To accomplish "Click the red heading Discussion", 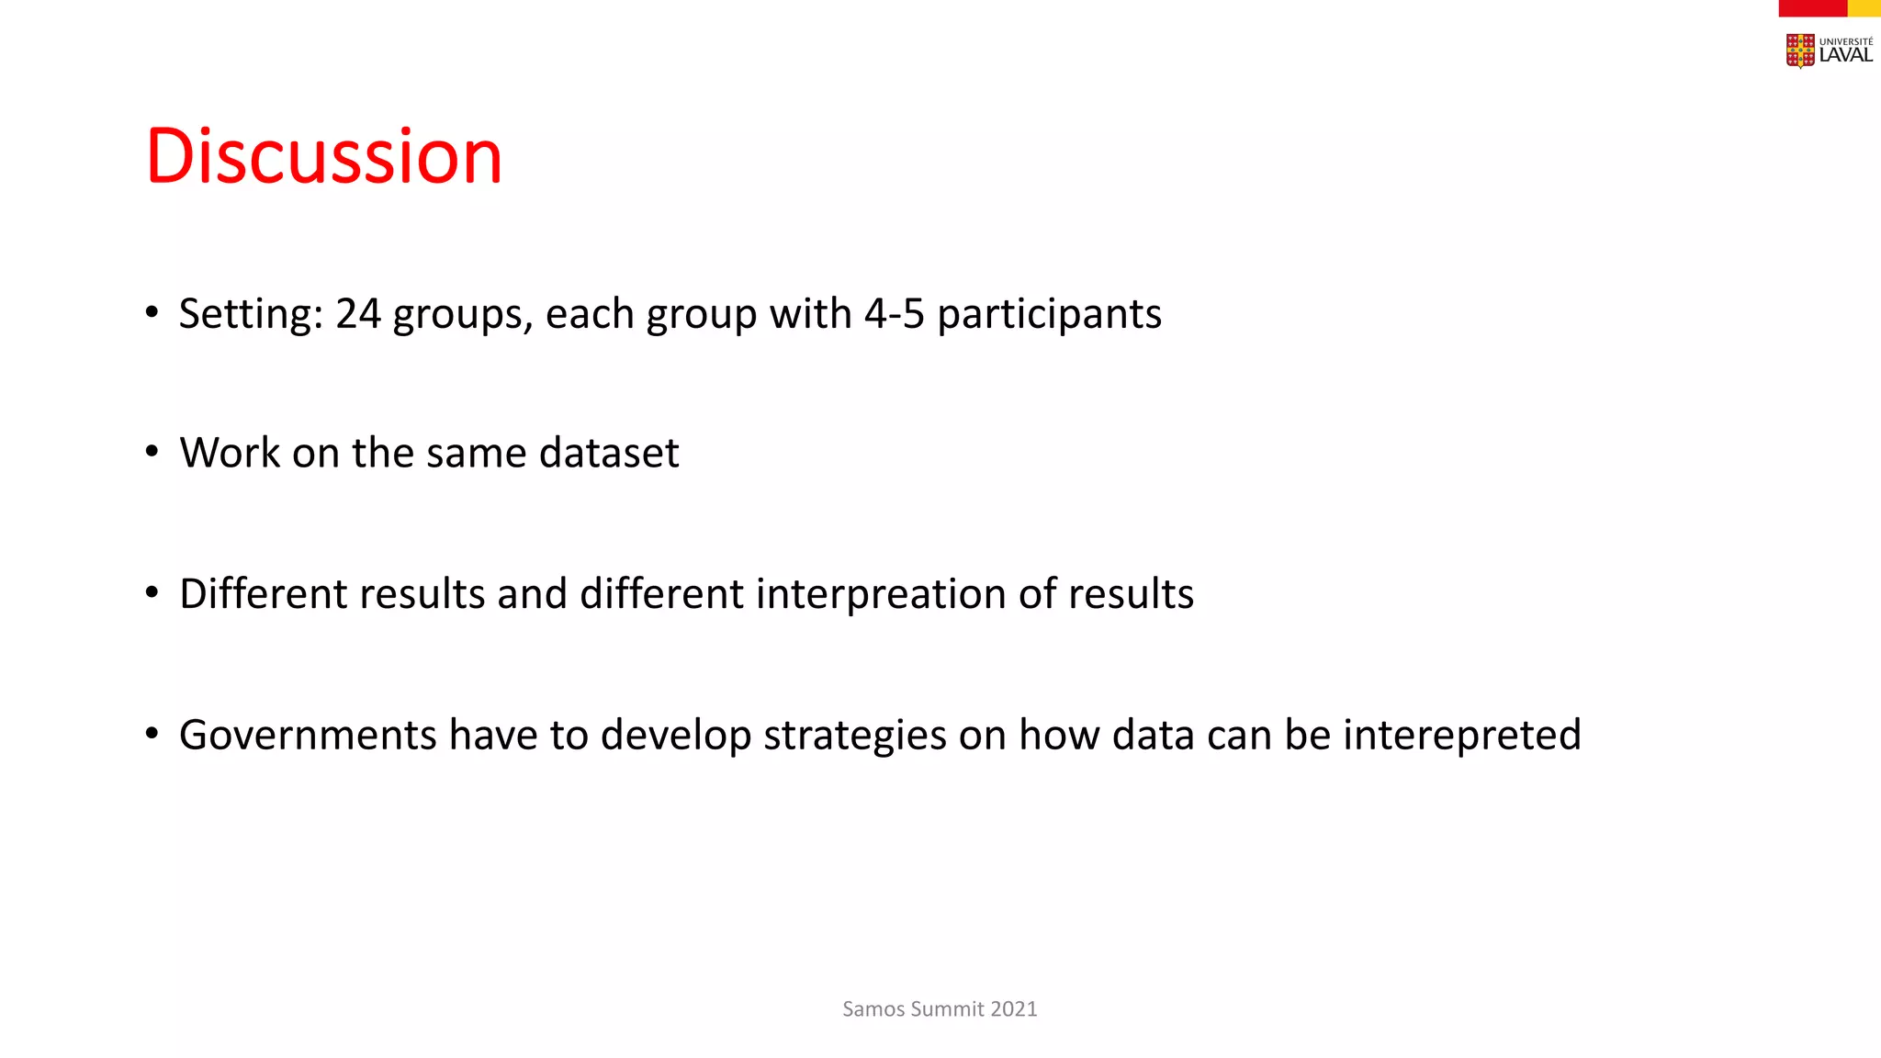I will pyautogui.click(x=323, y=156).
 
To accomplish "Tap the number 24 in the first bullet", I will pyautogui.click(x=357, y=314).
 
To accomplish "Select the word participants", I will pyautogui.click(x=1049, y=314).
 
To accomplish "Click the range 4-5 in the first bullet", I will pyautogui.click(x=894, y=314).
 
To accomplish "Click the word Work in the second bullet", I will pyautogui.click(x=230, y=453).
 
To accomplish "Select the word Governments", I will pyautogui.click(x=308, y=735).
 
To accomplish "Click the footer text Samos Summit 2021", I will pyautogui.click(x=940, y=1008).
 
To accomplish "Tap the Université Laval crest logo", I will pyautogui.click(x=1800, y=51).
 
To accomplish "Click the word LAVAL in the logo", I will pyautogui.click(x=1845, y=55).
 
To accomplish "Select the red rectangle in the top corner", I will pyautogui.click(x=1812, y=7).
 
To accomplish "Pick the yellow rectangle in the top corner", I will pyautogui.click(x=1864, y=7).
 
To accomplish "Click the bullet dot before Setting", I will pyautogui.click(x=152, y=312).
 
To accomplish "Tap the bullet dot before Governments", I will pyautogui.click(x=152, y=733).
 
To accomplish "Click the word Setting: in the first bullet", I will pyautogui.click(x=251, y=314).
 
